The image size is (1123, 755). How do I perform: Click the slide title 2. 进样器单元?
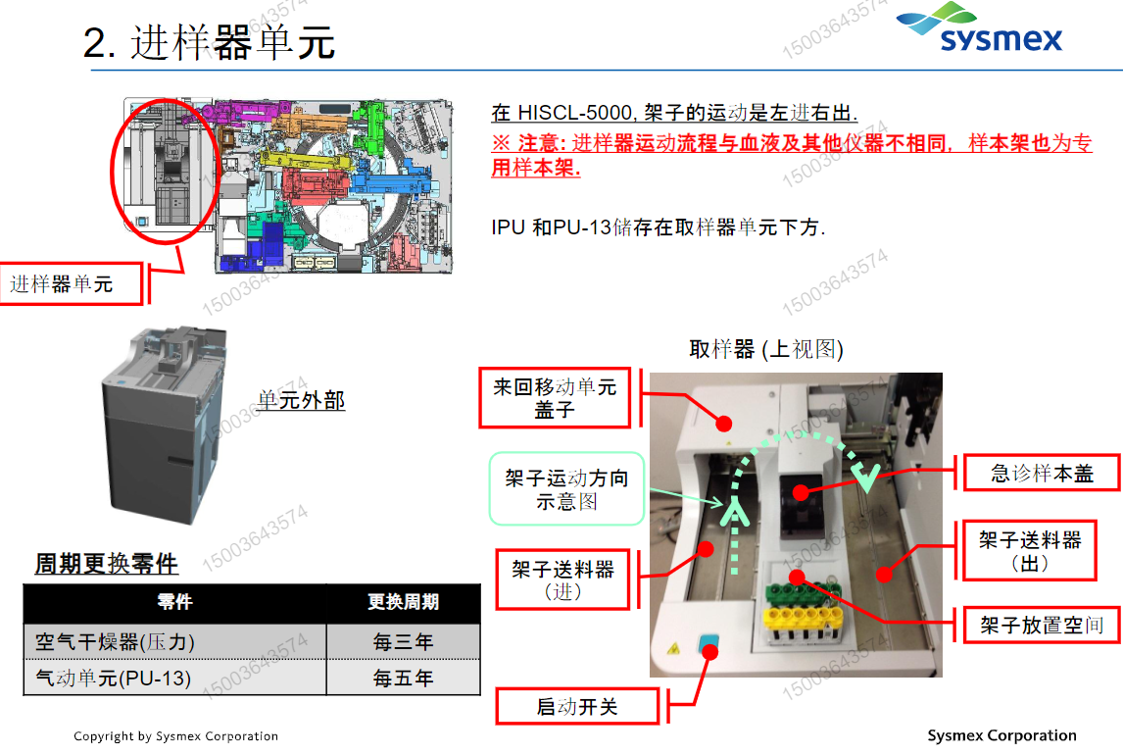point(210,43)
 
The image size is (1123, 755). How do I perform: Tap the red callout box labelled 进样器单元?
point(73,284)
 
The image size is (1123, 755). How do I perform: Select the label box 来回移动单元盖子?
point(555,399)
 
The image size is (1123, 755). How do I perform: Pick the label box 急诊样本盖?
point(1042,475)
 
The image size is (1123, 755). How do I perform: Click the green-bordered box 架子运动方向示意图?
point(566,489)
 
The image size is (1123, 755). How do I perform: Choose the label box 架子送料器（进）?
point(562,580)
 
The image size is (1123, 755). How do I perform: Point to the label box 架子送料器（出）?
point(1030,552)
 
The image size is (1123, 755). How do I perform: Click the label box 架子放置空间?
point(1042,625)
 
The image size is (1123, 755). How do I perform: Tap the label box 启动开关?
point(577,707)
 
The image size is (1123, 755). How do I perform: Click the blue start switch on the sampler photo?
point(708,646)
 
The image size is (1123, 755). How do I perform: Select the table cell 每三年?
point(403,642)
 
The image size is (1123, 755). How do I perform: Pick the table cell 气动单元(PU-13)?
point(114,678)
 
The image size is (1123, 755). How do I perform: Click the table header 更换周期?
point(403,602)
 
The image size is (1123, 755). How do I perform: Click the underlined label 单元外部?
point(301,400)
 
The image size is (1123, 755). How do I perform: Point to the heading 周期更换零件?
point(107,564)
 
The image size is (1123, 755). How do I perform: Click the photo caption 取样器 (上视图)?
point(765,350)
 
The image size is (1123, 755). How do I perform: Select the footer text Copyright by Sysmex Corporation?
point(176,736)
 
